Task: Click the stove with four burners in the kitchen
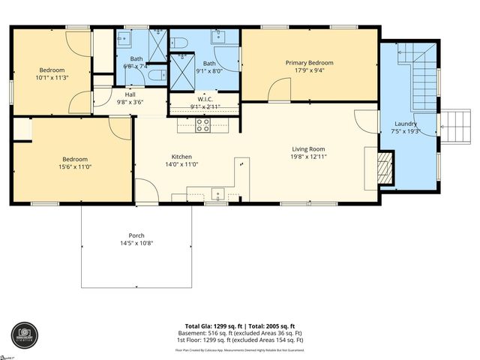pos(202,125)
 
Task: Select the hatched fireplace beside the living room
pos(384,167)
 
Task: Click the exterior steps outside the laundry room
pos(454,125)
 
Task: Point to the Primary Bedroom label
pos(309,63)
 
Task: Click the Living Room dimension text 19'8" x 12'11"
pos(309,157)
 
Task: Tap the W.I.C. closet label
pos(206,99)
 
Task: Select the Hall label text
pos(130,94)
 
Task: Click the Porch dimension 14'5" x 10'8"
pos(136,243)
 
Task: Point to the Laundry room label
pos(406,124)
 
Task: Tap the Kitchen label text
pos(182,157)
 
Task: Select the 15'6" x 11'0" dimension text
pos(75,167)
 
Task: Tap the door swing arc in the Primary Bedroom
pos(279,91)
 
